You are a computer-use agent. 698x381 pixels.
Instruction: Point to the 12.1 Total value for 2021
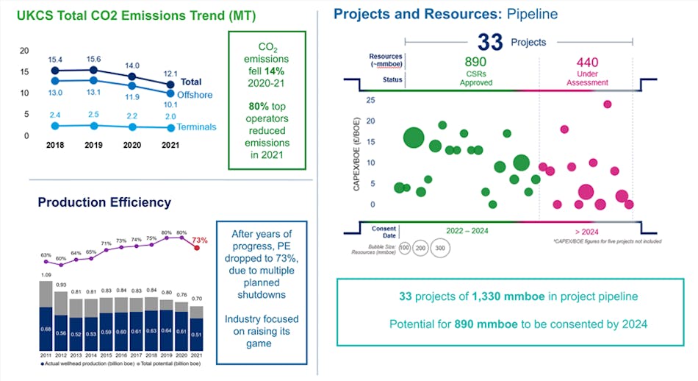(x=170, y=73)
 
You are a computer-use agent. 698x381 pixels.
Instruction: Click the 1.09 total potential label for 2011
(x=46, y=275)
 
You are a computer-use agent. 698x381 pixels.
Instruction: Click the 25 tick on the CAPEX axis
(x=370, y=100)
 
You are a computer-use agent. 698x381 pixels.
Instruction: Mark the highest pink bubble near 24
(x=608, y=104)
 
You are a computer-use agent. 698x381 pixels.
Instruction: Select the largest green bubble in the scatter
(x=414, y=138)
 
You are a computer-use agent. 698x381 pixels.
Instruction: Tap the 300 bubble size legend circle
(x=439, y=249)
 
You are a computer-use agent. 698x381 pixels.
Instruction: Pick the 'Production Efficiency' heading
(x=104, y=202)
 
